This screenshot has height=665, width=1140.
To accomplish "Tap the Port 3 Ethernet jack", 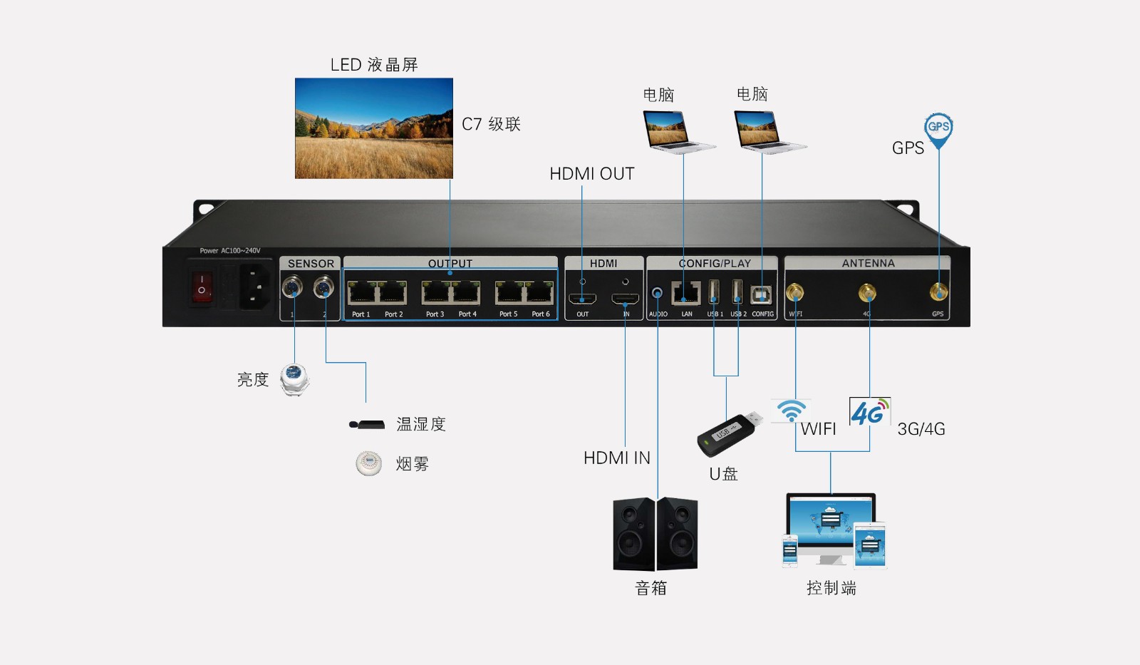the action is point(436,293).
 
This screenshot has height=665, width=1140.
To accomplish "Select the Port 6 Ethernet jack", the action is point(539,293).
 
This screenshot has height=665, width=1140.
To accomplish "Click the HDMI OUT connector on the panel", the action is point(582,299).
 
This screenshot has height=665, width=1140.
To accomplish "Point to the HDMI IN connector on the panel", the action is point(625,299).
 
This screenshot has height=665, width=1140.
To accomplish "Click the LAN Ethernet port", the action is point(685,293).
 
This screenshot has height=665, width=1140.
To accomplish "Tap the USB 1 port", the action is point(714,292).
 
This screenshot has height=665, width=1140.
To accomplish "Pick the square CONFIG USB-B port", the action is point(761,294).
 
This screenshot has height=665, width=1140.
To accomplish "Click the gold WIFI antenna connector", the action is point(794,293).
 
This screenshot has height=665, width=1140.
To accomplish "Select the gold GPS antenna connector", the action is point(938,292).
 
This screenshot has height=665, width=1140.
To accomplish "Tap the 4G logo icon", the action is point(870,411).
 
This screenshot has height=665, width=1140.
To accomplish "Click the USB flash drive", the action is point(730,434).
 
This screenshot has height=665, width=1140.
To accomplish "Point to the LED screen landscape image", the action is point(374,128).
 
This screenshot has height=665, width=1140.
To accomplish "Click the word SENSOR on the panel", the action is point(311,263).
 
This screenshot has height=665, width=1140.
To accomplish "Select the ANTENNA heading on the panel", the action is point(868,263).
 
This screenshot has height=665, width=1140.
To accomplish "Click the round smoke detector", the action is point(369,463).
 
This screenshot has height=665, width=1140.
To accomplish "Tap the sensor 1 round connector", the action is point(292,288).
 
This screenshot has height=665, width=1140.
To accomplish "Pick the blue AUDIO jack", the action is point(657,293).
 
